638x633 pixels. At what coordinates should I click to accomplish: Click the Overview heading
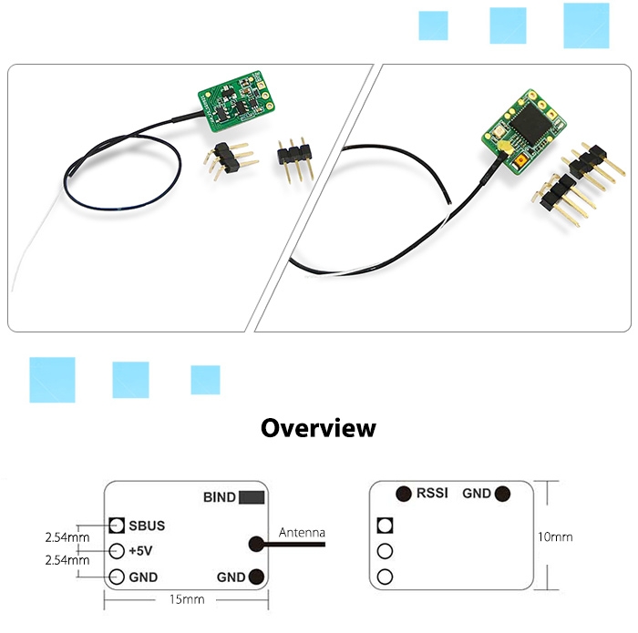click(x=318, y=428)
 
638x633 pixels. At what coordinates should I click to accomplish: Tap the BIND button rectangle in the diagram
click(x=252, y=497)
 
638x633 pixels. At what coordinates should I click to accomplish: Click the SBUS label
click(x=147, y=526)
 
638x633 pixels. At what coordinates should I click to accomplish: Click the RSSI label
click(x=432, y=494)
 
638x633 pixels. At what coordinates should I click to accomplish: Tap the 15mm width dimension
click(x=187, y=600)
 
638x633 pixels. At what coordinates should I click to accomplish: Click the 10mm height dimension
click(x=555, y=537)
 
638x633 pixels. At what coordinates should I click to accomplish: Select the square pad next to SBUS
click(x=116, y=526)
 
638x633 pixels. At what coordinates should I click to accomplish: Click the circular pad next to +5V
click(x=116, y=551)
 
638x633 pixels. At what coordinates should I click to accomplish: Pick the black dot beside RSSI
click(x=402, y=495)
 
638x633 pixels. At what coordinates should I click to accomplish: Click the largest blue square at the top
click(x=586, y=26)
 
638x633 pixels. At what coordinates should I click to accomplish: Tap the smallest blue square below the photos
click(x=205, y=380)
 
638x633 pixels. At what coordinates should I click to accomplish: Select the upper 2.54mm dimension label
click(x=67, y=537)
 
